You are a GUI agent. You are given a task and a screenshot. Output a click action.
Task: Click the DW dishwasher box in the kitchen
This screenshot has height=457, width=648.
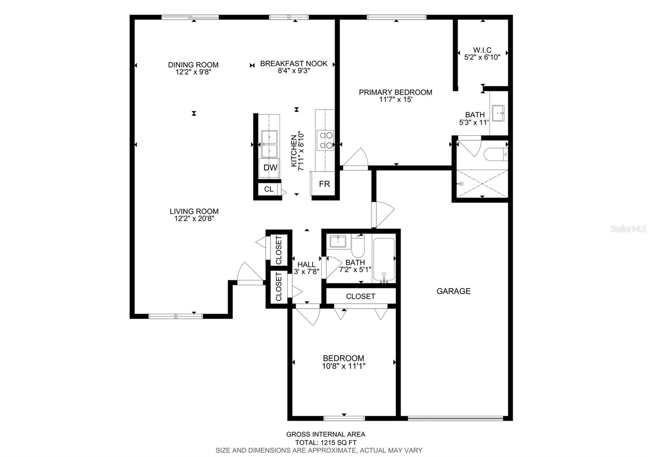pyautogui.click(x=270, y=167)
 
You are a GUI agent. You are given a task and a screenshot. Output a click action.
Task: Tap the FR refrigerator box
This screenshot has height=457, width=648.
pyautogui.click(x=324, y=184)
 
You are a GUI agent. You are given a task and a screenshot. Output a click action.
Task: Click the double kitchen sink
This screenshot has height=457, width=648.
pyautogui.click(x=269, y=144)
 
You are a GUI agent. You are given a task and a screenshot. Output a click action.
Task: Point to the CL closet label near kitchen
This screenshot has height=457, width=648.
pyautogui.click(x=269, y=189)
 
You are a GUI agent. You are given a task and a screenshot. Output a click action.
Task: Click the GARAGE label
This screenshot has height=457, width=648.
pyautogui.click(x=453, y=291)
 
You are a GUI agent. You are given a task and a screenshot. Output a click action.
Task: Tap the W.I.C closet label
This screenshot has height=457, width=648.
pyautogui.click(x=482, y=50)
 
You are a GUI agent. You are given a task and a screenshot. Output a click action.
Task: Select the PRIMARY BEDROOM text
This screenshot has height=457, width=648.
pyautogui.click(x=395, y=92)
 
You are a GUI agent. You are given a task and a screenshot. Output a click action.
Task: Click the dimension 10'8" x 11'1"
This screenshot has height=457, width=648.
pyautogui.click(x=344, y=366)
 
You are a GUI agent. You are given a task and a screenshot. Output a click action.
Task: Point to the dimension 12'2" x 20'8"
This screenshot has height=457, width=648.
pyautogui.click(x=194, y=219)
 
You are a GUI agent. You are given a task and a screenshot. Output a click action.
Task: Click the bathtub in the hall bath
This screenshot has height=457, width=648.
pyautogui.click(x=383, y=259)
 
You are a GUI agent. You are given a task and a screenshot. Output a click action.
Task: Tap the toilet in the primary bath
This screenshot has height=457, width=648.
pyautogui.click(x=495, y=154)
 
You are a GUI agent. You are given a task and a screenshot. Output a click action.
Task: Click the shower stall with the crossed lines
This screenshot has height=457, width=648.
pyautogui.click(x=482, y=184)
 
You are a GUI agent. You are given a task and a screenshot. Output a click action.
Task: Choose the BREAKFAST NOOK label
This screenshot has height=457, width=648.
pyautogui.click(x=294, y=64)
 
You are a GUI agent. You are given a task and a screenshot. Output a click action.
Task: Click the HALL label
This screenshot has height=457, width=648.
pyautogui.click(x=306, y=265)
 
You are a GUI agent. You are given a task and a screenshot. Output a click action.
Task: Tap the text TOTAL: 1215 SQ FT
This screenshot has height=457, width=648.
pyautogui.click(x=326, y=442)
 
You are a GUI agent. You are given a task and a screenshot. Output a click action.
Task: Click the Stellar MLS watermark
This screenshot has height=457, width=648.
pyautogui.click(x=629, y=229)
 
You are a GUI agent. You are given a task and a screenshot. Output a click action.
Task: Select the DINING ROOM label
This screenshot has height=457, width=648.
pyautogui.click(x=193, y=65)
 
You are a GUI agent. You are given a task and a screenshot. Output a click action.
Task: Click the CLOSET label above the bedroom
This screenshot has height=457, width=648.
pyautogui.click(x=360, y=296)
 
